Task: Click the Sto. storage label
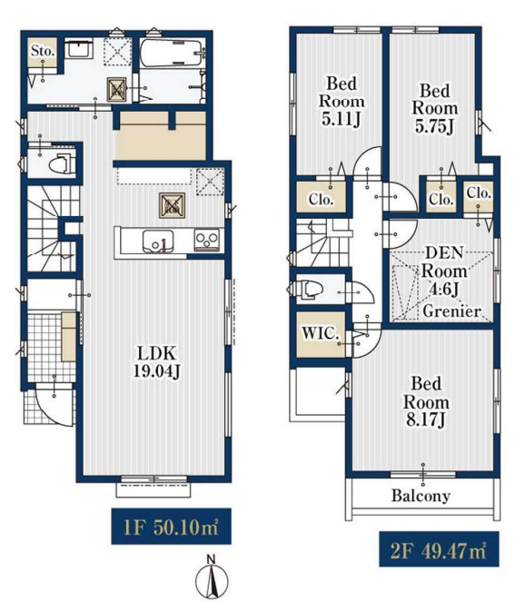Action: [43, 51]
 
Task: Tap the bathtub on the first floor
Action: [172, 53]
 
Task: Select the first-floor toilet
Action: [62, 164]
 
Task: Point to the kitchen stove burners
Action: [207, 240]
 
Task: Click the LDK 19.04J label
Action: [156, 361]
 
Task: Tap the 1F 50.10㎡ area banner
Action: [171, 526]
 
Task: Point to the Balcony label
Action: [421, 496]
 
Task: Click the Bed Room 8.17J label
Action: [426, 401]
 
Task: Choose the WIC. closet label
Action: [320, 333]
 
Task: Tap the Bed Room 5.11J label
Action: [342, 102]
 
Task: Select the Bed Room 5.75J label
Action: [435, 108]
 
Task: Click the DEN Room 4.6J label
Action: [444, 271]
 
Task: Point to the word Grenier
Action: [452, 311]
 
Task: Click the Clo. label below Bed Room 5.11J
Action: [321, 200]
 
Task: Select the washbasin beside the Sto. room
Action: [79, 48]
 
